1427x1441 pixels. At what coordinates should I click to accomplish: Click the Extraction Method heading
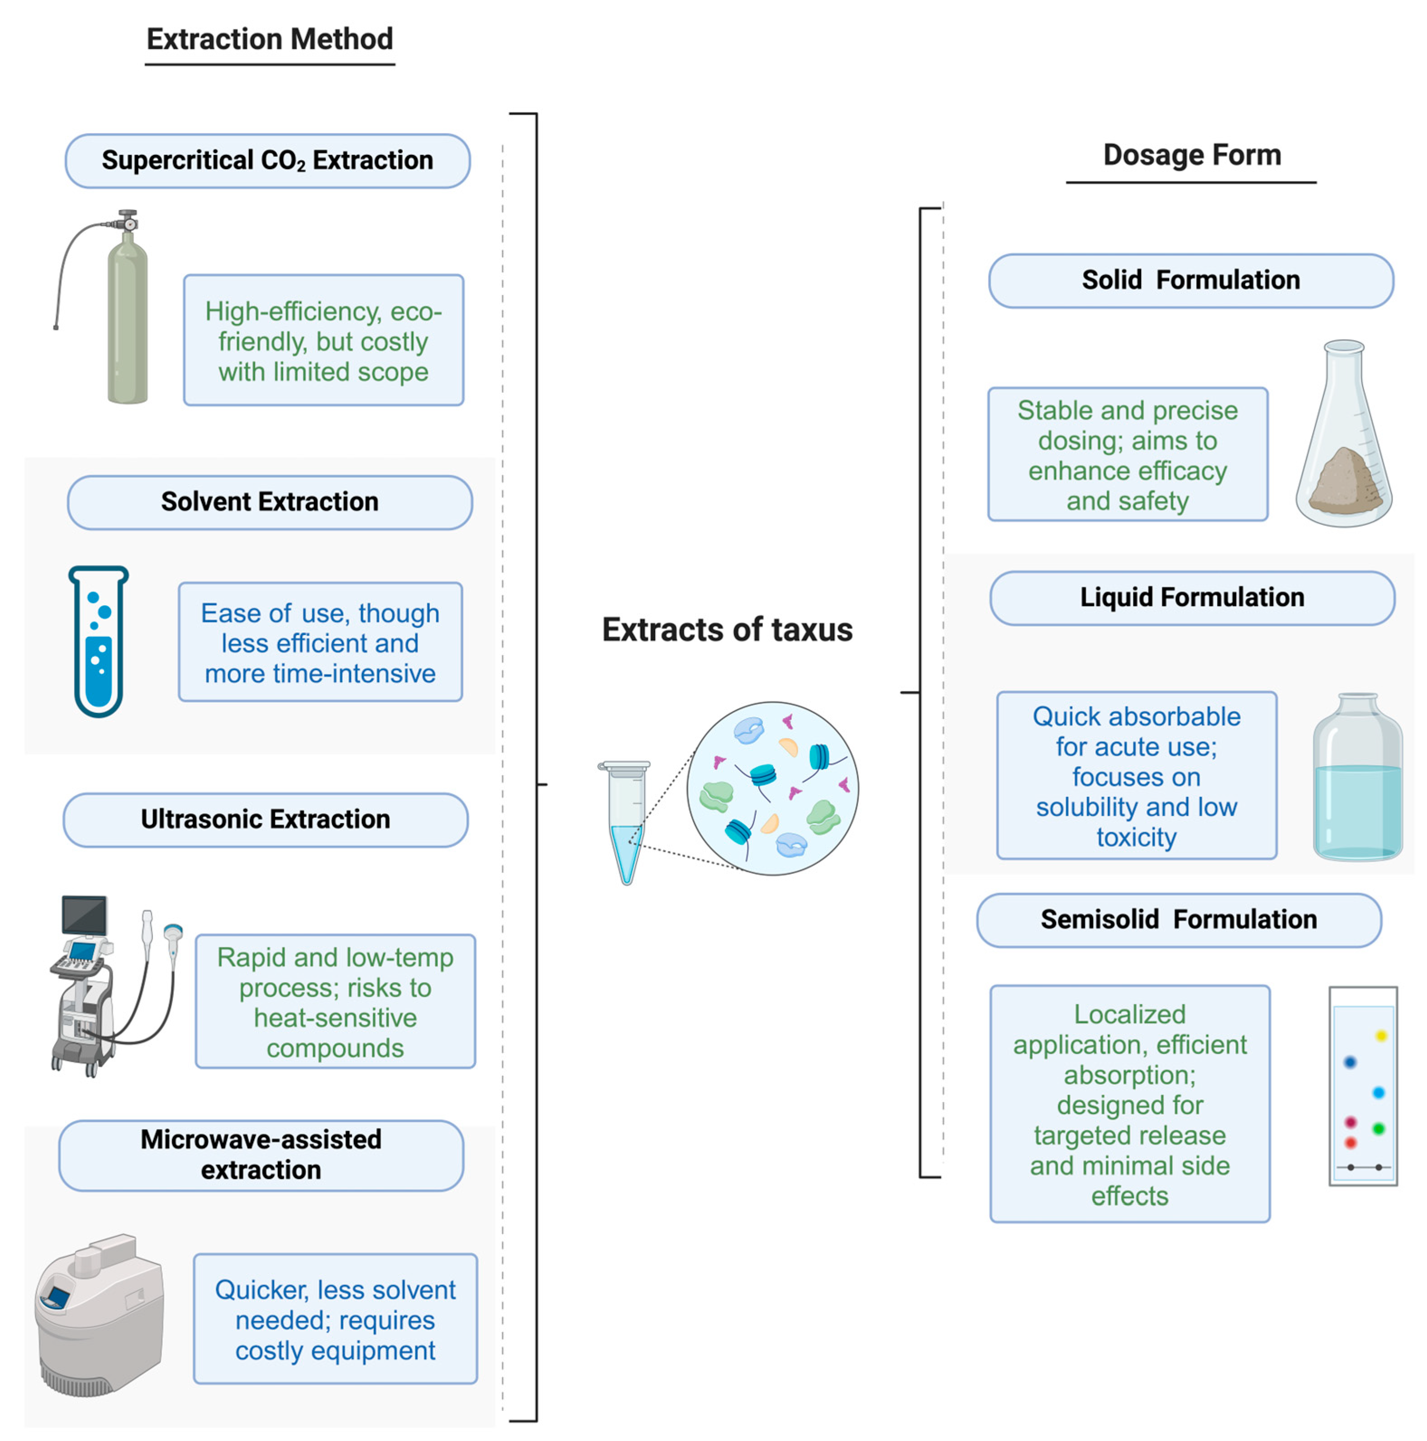tap(269, 39)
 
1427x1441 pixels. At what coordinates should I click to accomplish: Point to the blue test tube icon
tap(99, 641)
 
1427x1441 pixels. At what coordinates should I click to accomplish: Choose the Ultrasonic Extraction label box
tap(266, 820)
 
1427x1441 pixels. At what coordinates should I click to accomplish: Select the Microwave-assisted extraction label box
tap(261, 1155)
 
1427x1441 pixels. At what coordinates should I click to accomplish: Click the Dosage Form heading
tap(1191, 155)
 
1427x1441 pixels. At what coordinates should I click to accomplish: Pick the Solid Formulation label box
tap(1191, 281)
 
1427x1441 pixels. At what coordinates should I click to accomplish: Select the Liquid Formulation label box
tap(1191, 597)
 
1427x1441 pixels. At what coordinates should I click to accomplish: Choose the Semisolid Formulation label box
tap(1178, 920)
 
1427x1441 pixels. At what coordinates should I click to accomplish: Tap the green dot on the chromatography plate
tap(1378, 1128)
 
